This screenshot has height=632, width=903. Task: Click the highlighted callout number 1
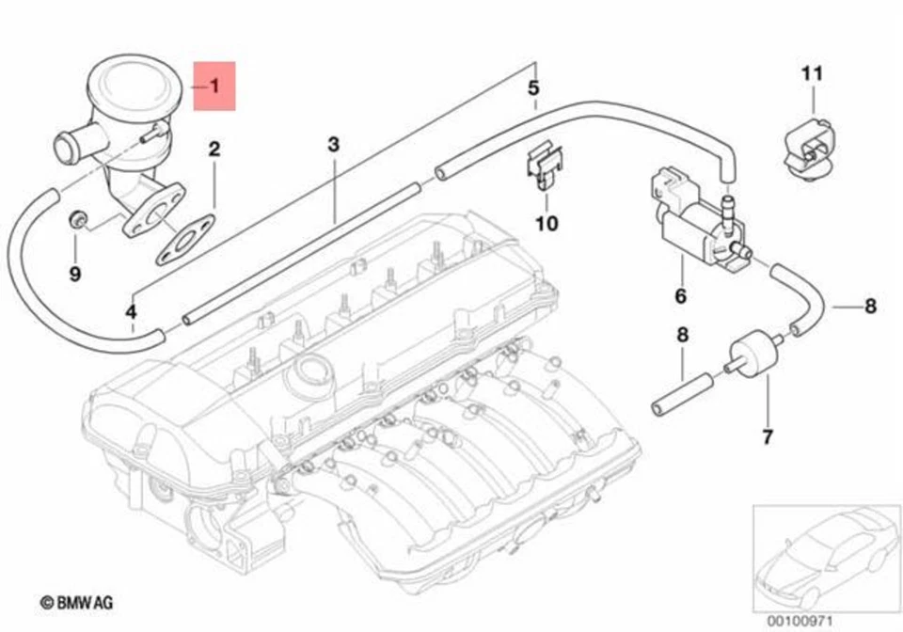214,87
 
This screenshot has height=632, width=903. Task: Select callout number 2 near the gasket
214,149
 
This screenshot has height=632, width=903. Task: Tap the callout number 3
333,144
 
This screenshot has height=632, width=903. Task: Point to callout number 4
131,311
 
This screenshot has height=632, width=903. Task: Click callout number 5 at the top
533,88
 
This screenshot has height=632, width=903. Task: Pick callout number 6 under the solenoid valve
680,296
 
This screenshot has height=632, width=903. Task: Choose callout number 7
767,436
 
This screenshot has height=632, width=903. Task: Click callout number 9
75,274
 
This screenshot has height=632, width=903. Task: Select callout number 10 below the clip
547,223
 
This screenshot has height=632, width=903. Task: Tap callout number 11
812,72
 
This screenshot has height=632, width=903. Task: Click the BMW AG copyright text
74,599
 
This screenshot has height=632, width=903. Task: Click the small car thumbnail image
821,554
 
